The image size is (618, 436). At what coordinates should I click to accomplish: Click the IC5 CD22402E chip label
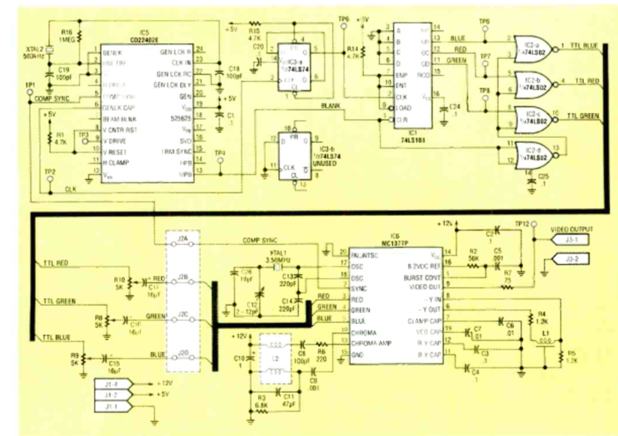[x=144, y=36]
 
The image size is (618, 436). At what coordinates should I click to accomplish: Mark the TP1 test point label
[x=29, y=84]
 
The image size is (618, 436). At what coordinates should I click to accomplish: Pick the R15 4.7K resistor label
[x=253, y=34]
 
